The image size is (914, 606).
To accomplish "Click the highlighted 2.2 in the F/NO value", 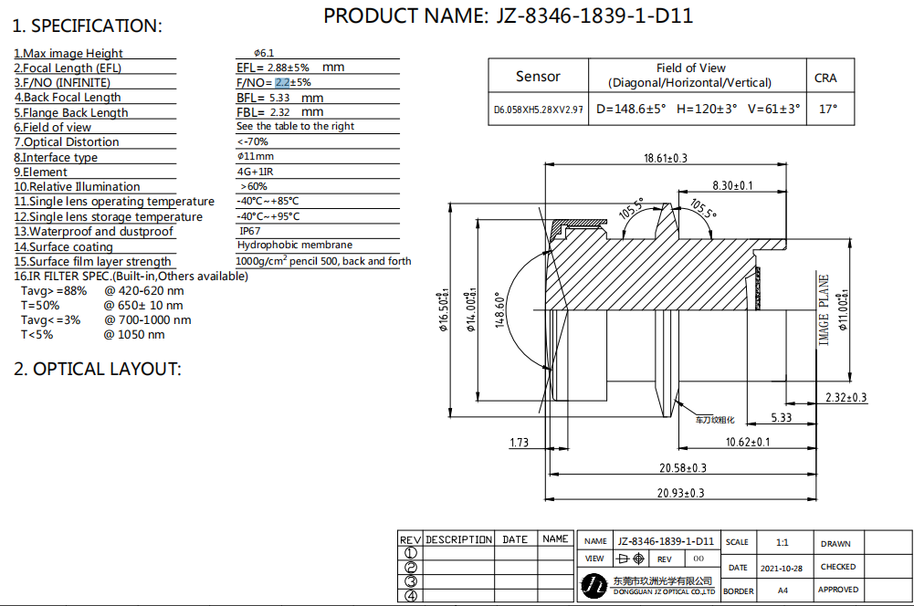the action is coord(282,83).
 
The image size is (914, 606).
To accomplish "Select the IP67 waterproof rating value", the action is coord(250,231).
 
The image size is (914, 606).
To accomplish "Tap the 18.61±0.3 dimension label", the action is coord(665,158).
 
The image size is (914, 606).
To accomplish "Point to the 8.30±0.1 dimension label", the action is coord(732,185).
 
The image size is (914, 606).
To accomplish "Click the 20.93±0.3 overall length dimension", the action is coord(681,493).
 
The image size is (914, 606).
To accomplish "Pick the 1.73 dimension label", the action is coord(519,443).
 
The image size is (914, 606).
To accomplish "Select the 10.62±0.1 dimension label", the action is coord(747,442).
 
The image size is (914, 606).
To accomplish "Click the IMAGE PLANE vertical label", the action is coord(823,310).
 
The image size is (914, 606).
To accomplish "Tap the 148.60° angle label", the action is coord(499,310).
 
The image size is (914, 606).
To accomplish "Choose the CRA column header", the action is coord(825,78).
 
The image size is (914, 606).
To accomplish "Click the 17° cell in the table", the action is coord(828,109).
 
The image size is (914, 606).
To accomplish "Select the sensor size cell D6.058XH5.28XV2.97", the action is coord(538,110).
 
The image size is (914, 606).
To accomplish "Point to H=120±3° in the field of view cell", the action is coord(707,109).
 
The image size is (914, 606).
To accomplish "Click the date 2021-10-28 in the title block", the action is coord(781,568).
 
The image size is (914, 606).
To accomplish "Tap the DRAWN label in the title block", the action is coord(835,544).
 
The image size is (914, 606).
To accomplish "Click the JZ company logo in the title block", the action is coord(594,585).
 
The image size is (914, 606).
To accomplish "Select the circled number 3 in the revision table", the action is coord(411,581).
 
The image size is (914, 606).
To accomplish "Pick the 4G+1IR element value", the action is coord(255,172).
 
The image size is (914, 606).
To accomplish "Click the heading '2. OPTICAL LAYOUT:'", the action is coord(98,369).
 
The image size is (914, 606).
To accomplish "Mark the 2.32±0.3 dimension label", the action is coord(846,397).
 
